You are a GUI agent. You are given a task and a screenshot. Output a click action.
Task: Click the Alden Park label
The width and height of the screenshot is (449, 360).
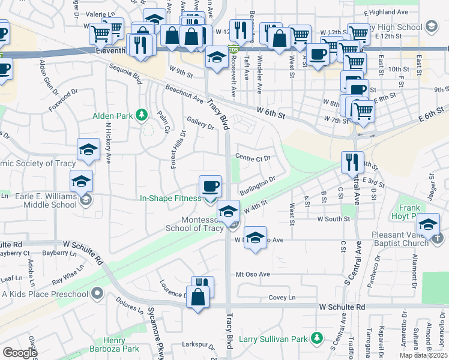pos(112,115)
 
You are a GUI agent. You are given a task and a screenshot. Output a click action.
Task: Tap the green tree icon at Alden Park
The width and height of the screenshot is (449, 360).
pos(142,113)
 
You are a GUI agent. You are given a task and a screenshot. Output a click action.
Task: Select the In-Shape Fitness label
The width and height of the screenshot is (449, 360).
pos(171,198)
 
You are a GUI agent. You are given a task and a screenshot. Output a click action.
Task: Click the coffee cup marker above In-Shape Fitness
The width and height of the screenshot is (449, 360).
pos(210,186)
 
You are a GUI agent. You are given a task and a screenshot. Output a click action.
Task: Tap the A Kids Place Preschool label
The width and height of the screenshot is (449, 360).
pos(45,294)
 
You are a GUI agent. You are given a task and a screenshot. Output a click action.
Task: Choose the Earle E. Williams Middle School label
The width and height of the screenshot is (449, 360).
pos(39,199)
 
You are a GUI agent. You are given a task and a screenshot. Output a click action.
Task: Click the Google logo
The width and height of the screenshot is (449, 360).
pos(20,353)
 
